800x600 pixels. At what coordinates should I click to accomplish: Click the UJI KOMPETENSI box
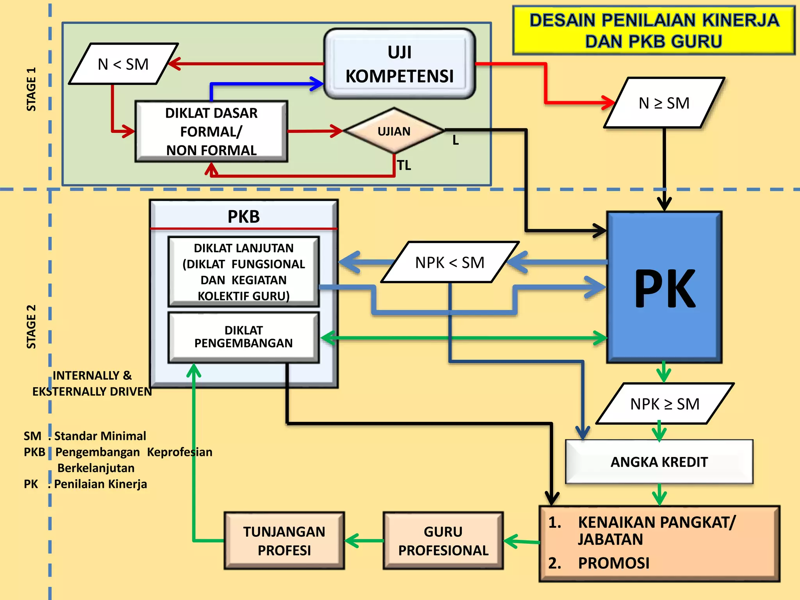tap(399, 64)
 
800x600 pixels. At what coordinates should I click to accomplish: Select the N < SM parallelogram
tap(123, 64)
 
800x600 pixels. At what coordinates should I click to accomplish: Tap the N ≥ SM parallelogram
tap(664, 103)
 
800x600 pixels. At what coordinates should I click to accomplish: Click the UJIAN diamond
tap(394, 131)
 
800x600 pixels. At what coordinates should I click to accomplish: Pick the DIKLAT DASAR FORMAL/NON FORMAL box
tap(211, 132)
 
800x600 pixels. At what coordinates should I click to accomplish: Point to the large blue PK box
tap(664, 287)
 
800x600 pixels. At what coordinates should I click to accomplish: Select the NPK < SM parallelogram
tap(450, 262)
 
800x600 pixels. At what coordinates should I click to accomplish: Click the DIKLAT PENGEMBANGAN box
tap(243, 337)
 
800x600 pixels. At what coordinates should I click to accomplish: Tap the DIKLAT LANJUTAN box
tap(243, 272)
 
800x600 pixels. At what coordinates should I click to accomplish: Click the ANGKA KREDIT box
tap(659, 462)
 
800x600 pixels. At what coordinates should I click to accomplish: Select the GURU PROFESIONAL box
tap(443, 541)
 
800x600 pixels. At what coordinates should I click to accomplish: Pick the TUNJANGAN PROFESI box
tap(284, 541)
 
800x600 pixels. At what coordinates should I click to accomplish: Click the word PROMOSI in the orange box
tap(613, 563)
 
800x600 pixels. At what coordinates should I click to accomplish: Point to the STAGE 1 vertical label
tap(31, 89)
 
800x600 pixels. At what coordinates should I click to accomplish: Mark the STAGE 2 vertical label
tap(31, 327)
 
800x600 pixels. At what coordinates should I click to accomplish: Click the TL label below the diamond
tap(404, 166)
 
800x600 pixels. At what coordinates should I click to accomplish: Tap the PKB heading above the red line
tap(243, 216)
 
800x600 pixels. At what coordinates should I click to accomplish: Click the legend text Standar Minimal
tap(100, 436)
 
